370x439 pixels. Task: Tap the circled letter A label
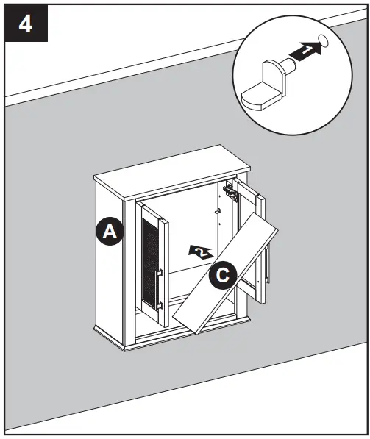click(x=110, y=232)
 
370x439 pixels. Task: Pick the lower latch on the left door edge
click(x=159, y=303)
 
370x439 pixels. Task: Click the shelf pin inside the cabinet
click(x=218, y=213)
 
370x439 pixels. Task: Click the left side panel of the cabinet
click(x=114, y=265)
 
